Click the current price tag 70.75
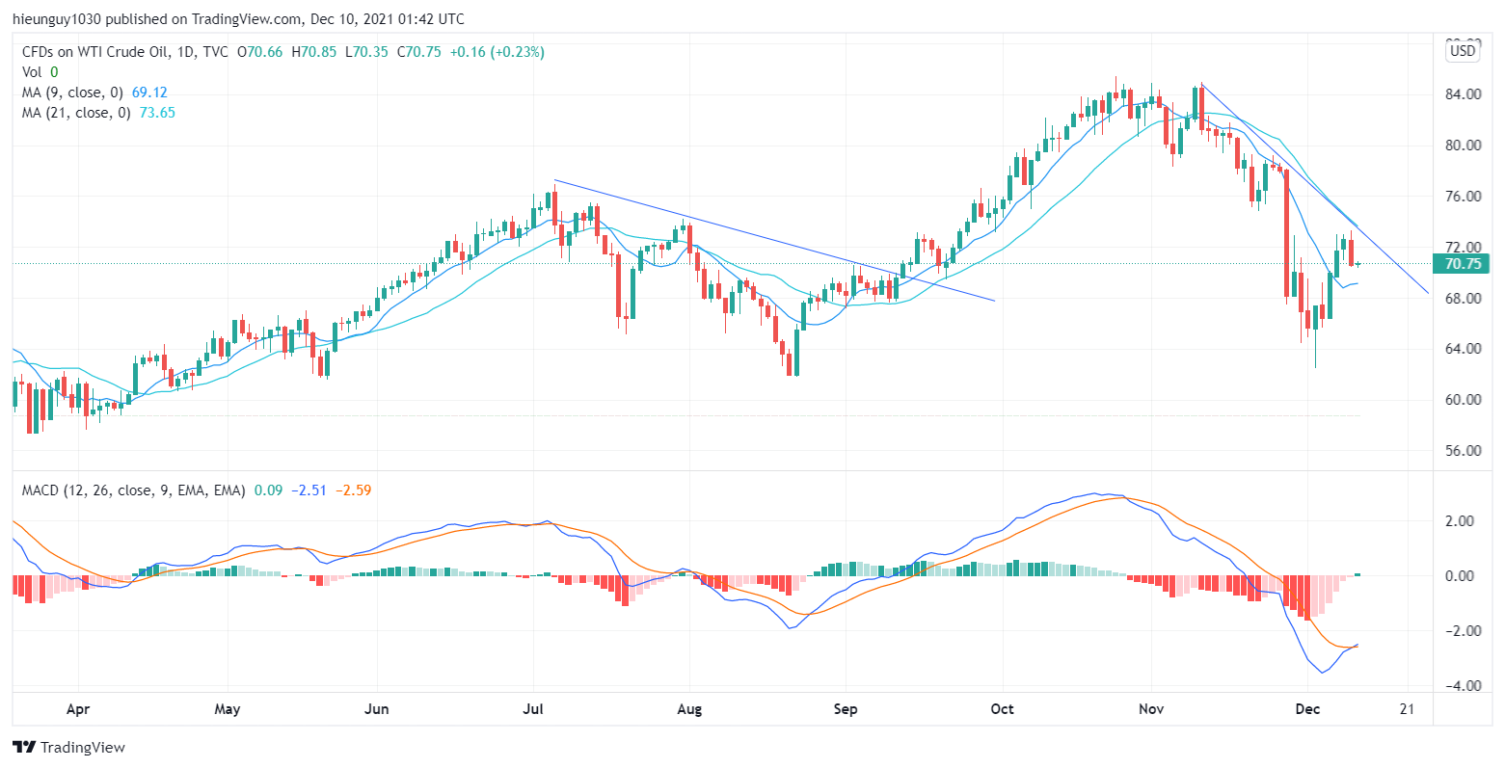click(1462, 263)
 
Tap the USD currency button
click(1463, 51)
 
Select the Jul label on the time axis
click(533, 710)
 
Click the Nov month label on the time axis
click(1151, 710)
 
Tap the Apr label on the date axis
click(78, 710)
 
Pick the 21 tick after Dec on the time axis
click(1407, 710)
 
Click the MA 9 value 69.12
click(149, 93)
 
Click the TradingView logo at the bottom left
click(68, 747)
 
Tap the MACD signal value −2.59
click(353, 490)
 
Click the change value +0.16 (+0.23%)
click(498, 52)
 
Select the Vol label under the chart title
click(32, 72)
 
